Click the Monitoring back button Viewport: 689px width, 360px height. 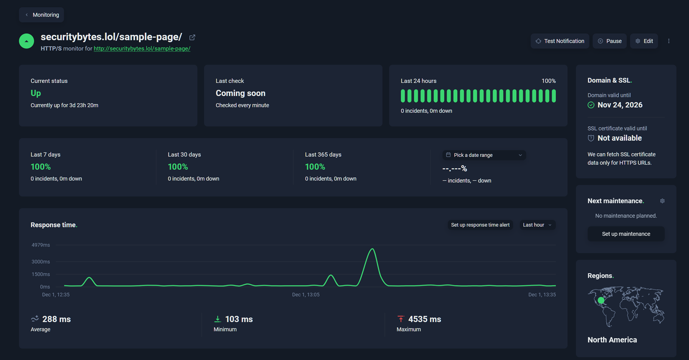41,15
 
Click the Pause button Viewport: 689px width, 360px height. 609,41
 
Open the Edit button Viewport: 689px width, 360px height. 644,41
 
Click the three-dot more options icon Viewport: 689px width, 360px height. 669,41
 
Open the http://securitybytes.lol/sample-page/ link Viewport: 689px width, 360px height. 142,49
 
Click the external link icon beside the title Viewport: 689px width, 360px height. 192,38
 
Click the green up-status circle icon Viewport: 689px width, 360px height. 26,41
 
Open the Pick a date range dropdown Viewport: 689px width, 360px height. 484,155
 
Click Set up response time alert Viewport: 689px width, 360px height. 480,225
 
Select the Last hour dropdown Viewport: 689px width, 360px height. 537,225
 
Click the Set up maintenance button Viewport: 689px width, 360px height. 626,234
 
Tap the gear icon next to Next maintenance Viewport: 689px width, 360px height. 662,201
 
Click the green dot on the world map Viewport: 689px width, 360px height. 601,301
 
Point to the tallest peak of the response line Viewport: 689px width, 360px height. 372,249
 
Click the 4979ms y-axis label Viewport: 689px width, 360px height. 41,245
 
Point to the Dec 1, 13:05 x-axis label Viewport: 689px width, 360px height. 305,295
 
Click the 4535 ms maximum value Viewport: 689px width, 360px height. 425,319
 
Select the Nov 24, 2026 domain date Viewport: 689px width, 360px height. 620,105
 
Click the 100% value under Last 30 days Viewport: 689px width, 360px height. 178,167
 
